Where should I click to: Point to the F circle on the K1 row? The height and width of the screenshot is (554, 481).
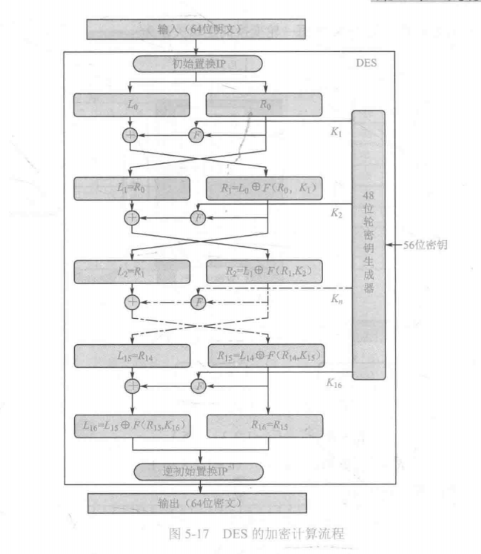197,136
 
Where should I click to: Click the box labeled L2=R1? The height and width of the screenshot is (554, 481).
131,270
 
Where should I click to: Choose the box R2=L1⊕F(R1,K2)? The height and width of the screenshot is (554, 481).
265,270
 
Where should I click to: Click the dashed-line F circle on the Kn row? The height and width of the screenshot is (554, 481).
197,302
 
